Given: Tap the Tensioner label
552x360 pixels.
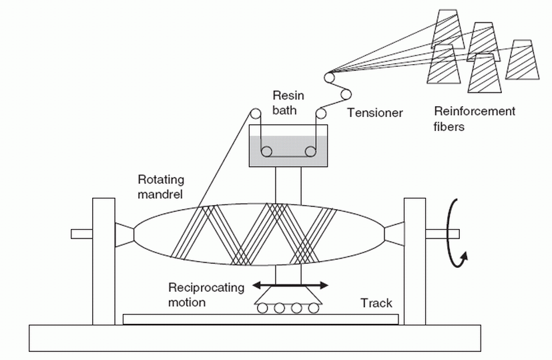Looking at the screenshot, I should coord(374,113).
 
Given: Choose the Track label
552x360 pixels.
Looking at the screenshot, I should coord(376,303).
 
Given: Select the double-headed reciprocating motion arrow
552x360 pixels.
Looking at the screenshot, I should coord(290,285).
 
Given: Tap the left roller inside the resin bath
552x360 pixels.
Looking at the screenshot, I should coord(266,152).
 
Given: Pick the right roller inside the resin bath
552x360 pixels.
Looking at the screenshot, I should coord(310,152).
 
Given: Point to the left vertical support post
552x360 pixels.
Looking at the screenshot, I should coord(105,260).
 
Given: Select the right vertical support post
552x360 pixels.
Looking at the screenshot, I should coord(415,260).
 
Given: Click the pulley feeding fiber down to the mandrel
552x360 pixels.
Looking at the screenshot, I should coord(255,113).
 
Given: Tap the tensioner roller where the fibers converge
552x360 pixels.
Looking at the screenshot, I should coord(330,78).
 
